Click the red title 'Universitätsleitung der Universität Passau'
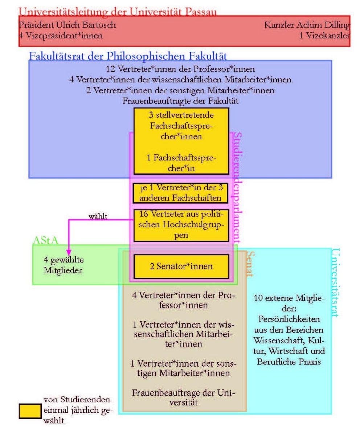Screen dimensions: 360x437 point(118,12)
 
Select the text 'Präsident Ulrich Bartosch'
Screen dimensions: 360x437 point(67,25)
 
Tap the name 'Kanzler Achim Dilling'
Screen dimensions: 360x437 point(307,25)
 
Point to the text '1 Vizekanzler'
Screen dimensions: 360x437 point(325,36)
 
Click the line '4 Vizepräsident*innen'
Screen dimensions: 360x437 point(61,36)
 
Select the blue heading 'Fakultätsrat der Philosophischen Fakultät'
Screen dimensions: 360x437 point(128,56)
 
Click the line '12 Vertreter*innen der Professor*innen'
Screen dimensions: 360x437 point(180,69)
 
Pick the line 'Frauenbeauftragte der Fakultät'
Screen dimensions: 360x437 point(180,101)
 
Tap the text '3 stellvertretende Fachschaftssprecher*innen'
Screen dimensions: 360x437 point(181,126)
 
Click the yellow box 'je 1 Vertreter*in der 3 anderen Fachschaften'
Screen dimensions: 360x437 point(180,193)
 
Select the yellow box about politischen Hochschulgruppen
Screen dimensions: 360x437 point(181,225)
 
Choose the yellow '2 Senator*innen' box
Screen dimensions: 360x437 point(181,266)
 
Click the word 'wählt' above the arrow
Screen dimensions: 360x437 point(98,216)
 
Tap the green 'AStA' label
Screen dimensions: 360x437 point(45,240)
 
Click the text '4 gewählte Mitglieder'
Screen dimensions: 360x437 point(64,265)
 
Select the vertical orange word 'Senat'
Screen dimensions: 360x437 point(250,264)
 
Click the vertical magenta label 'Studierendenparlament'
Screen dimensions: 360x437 point(237,187)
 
